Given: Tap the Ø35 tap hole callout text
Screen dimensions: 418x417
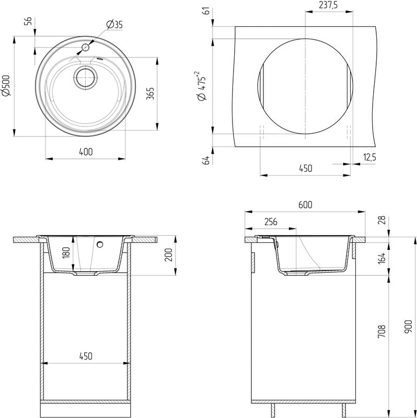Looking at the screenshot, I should [x=113, y=24].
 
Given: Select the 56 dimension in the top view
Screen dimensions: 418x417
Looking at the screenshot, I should [x=28, y=21].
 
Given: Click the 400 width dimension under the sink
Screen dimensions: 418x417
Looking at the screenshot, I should [x=86, y=152].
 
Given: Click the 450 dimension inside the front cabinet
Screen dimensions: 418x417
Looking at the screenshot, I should [x=86, y=356].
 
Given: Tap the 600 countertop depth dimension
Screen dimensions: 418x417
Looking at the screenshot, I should [x=305, y=205].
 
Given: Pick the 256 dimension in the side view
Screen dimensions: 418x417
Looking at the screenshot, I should [x=270, y=222].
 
